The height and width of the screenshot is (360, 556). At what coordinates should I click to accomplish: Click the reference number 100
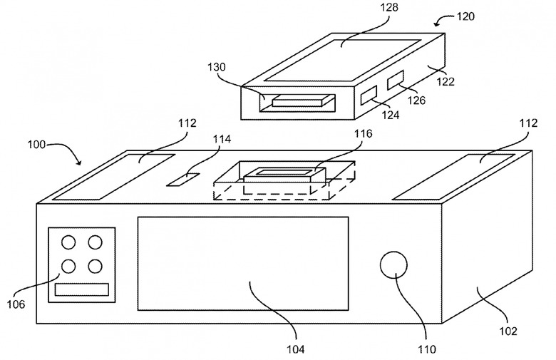[x=36, y=145]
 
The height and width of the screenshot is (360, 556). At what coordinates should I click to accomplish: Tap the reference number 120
[x=465, y=16]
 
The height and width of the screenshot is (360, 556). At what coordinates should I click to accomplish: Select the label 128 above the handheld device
[x=389, y=7]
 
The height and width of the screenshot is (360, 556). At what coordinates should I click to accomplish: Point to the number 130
[x=216, y=67]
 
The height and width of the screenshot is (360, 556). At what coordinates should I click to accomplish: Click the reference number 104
[x=295, y=349]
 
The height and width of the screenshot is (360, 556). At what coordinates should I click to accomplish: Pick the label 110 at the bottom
[x=427, y=349]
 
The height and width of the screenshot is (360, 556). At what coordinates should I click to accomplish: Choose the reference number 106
[x=16, y=304]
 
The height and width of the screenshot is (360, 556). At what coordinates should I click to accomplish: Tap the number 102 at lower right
[x=508, y=331]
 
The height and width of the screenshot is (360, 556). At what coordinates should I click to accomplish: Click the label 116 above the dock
[x=363, y=133]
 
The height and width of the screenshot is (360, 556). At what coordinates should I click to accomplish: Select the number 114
[x=221, y=139]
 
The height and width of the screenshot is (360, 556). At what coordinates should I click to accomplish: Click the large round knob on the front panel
[x=393, y=265]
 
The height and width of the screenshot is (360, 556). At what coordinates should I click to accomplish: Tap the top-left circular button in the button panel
[x=68, y=242]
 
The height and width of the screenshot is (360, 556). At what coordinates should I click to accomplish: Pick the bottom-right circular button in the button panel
[x=95, y=266]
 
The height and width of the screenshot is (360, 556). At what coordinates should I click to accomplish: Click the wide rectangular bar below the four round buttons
[x=81, y=289]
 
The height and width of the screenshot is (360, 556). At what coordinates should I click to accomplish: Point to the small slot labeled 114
[x=184, y=179]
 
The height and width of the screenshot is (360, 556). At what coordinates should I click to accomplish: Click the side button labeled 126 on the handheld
[x=396, y=80]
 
